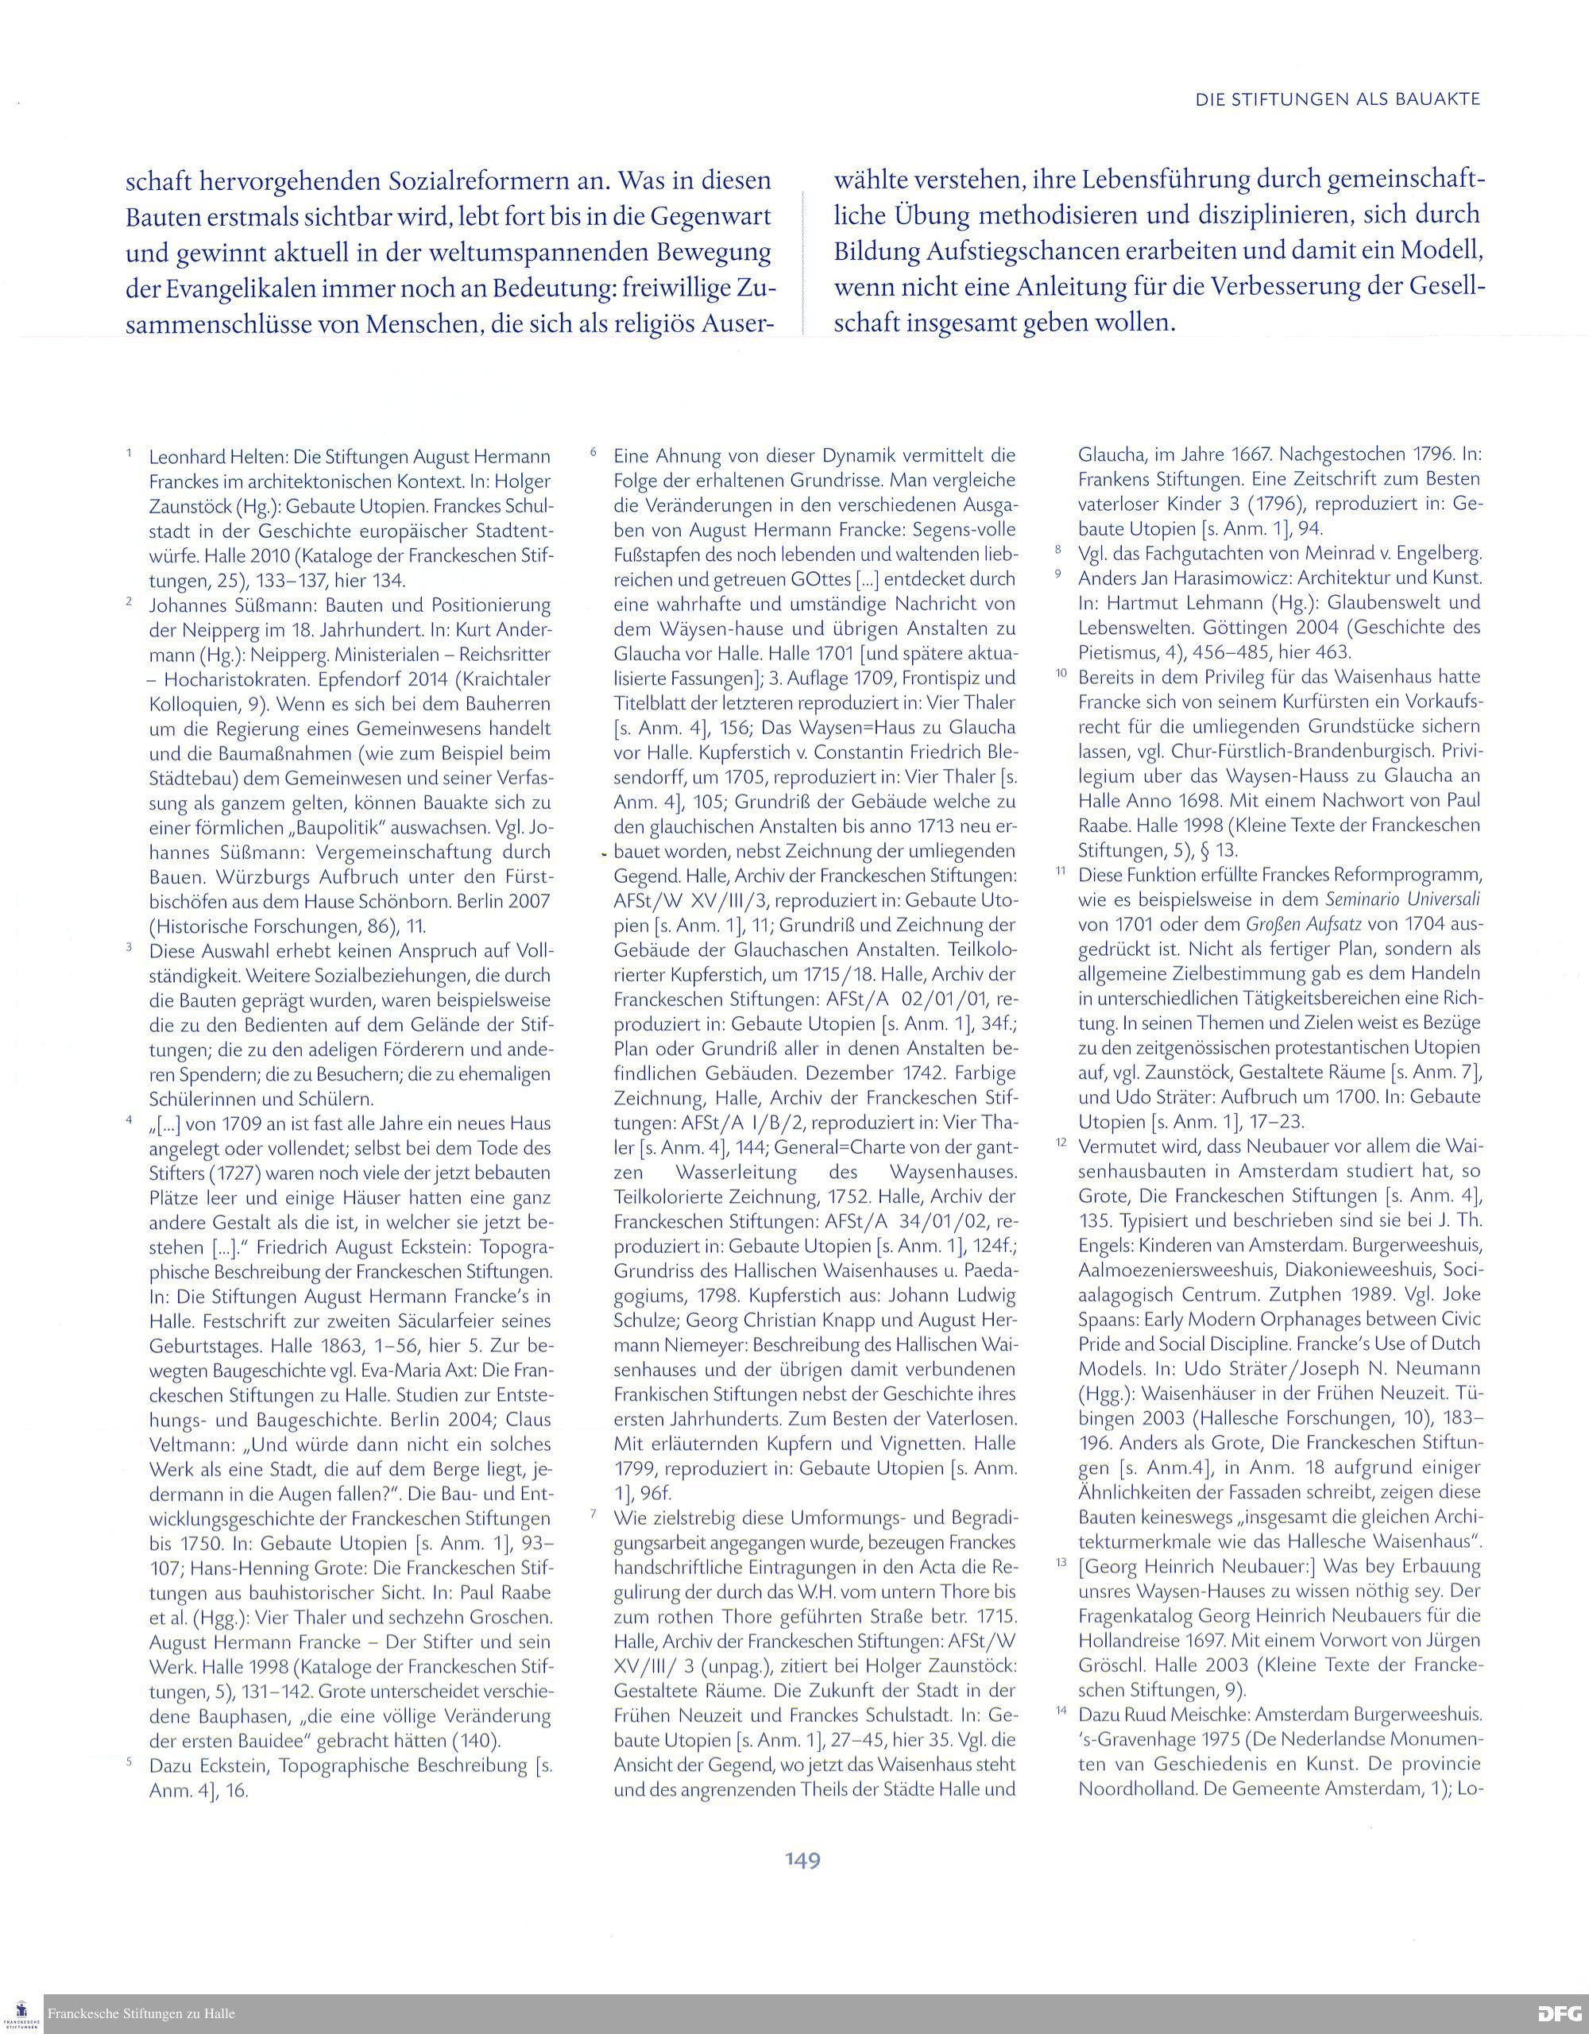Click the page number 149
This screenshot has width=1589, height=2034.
pos(802,1860)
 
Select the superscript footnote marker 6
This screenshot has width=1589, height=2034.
pos(593,453)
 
